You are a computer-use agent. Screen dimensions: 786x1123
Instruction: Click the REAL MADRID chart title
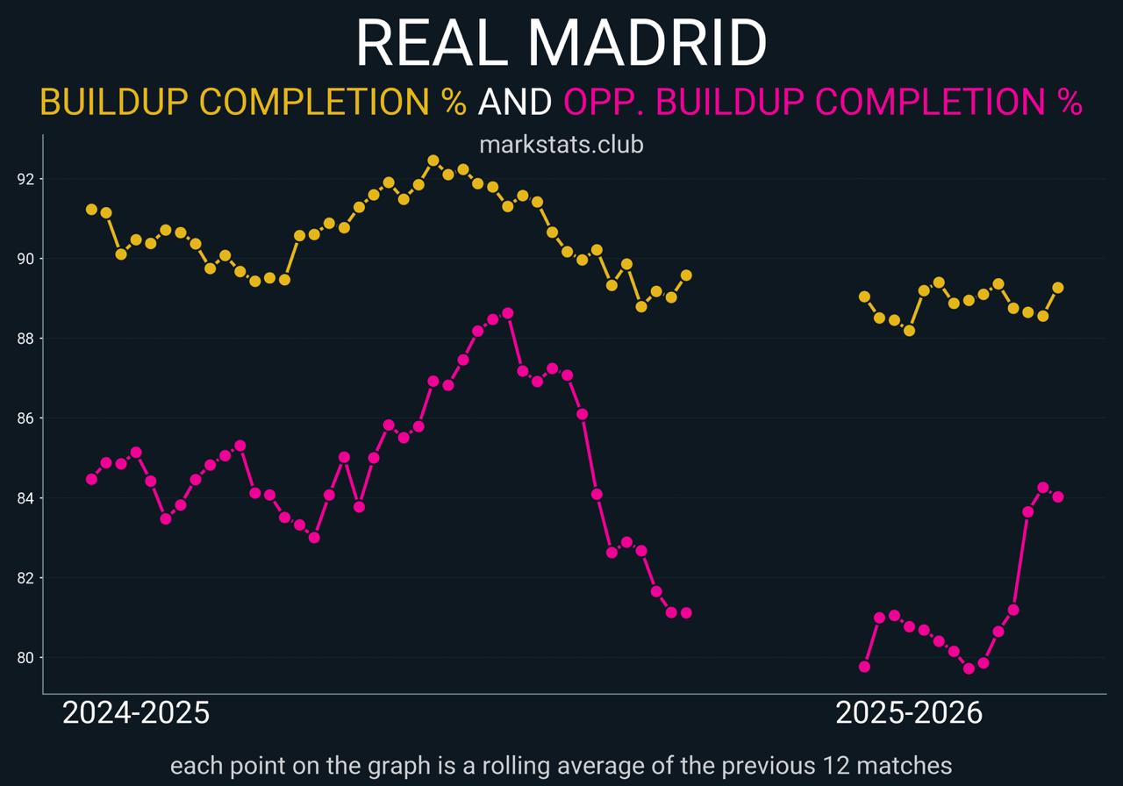[561, 42]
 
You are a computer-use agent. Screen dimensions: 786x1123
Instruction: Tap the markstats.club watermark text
[561, 144]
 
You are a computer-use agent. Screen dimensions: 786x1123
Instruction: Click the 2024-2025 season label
[136, 713]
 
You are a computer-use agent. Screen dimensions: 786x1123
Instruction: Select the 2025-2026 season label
[909, 713]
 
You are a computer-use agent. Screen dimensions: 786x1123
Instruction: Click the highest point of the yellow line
[433, 161]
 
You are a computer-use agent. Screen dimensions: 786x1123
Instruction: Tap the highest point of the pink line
[507, 313]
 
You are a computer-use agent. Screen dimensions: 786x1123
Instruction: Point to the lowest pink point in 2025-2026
[969, 668]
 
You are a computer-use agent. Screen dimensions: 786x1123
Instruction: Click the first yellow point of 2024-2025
[91, 209]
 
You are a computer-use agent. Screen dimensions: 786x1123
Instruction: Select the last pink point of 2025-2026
[1058, 497]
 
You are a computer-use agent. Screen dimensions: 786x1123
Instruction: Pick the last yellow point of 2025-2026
[1058, 288]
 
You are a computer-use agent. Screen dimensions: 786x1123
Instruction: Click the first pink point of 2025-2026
[864, 667]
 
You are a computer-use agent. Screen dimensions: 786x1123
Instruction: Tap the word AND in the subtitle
[514, 103]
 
